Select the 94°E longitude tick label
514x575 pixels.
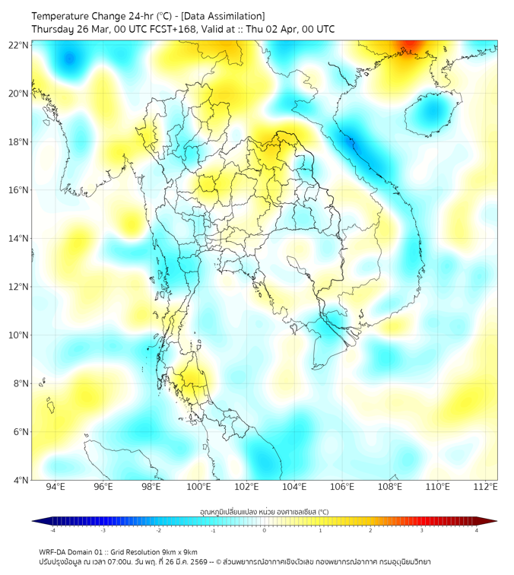pos(56,487)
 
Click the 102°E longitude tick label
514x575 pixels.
pos(246,487)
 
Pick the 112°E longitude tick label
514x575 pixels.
pos(486,487)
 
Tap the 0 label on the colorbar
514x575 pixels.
pos(265,530)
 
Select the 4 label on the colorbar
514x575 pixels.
pos(477,530)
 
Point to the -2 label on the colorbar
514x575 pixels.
pos(157,530)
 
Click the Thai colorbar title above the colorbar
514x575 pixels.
pos(264,512)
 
